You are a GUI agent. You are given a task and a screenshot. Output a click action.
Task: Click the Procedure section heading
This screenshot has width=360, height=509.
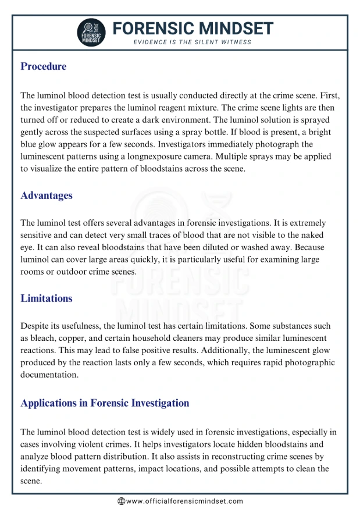coord(44,66)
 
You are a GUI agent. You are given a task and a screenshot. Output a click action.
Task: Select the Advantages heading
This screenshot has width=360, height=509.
coord(47,195)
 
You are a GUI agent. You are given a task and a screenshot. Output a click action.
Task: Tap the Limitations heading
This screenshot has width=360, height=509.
coord(47,298)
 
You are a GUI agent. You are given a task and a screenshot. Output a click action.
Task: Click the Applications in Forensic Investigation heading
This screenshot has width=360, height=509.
coord(105,403)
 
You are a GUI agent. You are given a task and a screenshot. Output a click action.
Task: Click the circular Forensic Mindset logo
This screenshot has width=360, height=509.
coord(91,33)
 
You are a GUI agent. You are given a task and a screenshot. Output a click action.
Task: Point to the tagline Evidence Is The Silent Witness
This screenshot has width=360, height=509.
coord(193,42)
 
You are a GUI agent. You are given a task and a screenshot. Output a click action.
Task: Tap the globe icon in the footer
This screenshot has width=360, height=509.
coord(121,501)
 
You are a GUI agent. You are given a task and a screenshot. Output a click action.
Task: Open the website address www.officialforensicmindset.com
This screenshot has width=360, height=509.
coord(184,501)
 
